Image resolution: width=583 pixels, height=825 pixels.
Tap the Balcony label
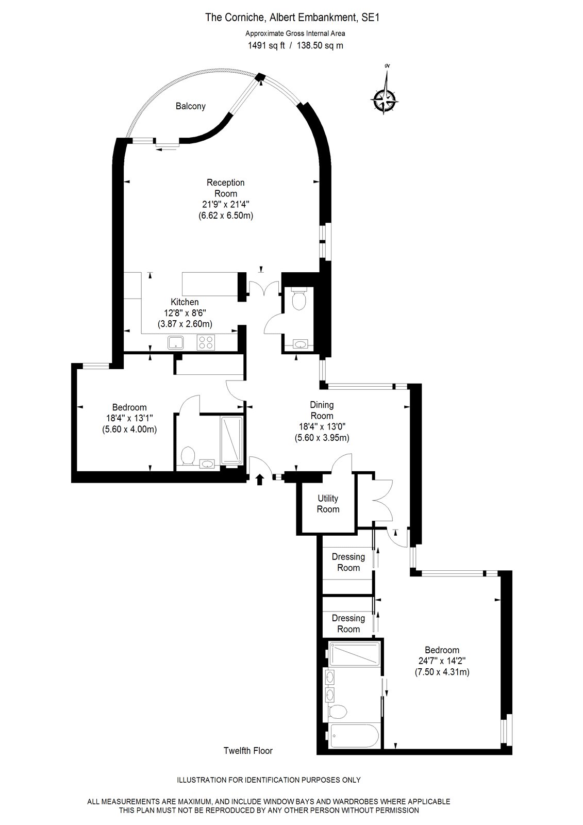pyautogui.click(x=190, y=106)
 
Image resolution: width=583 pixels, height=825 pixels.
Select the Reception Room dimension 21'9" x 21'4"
pyautogui.click(x=226, y=204)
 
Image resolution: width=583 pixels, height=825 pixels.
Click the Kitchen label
pyautogui.click(x=185, y=302)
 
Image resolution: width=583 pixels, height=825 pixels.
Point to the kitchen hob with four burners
pyautogui.click(x=206, y=342)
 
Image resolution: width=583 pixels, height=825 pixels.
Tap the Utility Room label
pyautogui.click(x=328, y=504)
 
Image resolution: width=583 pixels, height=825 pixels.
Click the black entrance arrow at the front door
pyautogui.click(x=260, y=479)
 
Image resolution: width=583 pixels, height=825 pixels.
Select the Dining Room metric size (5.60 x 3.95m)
pyautogui.click(x=322, y=438)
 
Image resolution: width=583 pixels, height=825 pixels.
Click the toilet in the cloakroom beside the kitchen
pyautogui.click(x=298, y=299)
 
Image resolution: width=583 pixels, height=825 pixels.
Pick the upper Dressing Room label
pyautogui.click(x=348, y=562)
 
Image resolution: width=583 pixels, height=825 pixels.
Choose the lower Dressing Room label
pyautogui.click(x=348, y=623)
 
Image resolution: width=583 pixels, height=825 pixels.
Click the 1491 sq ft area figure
pyautogui.click(x=266, y=46)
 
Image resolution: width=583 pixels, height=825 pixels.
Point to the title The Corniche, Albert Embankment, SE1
pyautogui.click(x=292, y=18)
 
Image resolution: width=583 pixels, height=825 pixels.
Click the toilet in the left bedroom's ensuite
pyautogui.click(x=188, y=455)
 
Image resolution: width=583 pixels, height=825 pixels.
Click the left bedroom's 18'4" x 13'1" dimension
pyautogui.click(x=129, y=418)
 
